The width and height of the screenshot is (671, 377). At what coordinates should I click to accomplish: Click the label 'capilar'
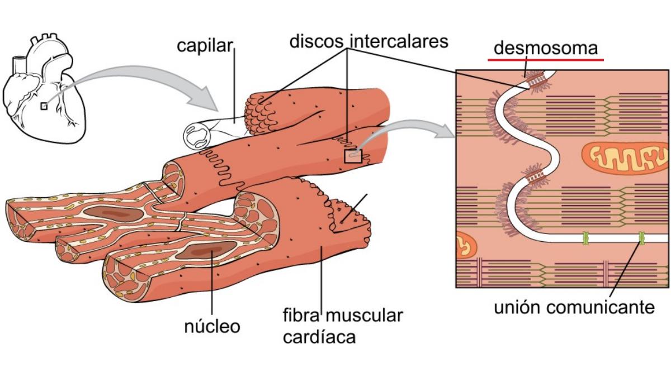tap(204, 46)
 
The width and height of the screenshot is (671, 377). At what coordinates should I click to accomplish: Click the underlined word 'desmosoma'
tap(546, 48)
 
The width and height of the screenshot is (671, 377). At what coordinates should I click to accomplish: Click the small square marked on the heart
tap(44, 106)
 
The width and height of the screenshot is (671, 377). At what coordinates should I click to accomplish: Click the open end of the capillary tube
tap(198, 135)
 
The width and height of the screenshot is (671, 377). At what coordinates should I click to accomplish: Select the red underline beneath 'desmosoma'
tap(546, 59)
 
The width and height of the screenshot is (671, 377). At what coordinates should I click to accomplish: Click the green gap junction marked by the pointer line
tap(642, 239)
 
